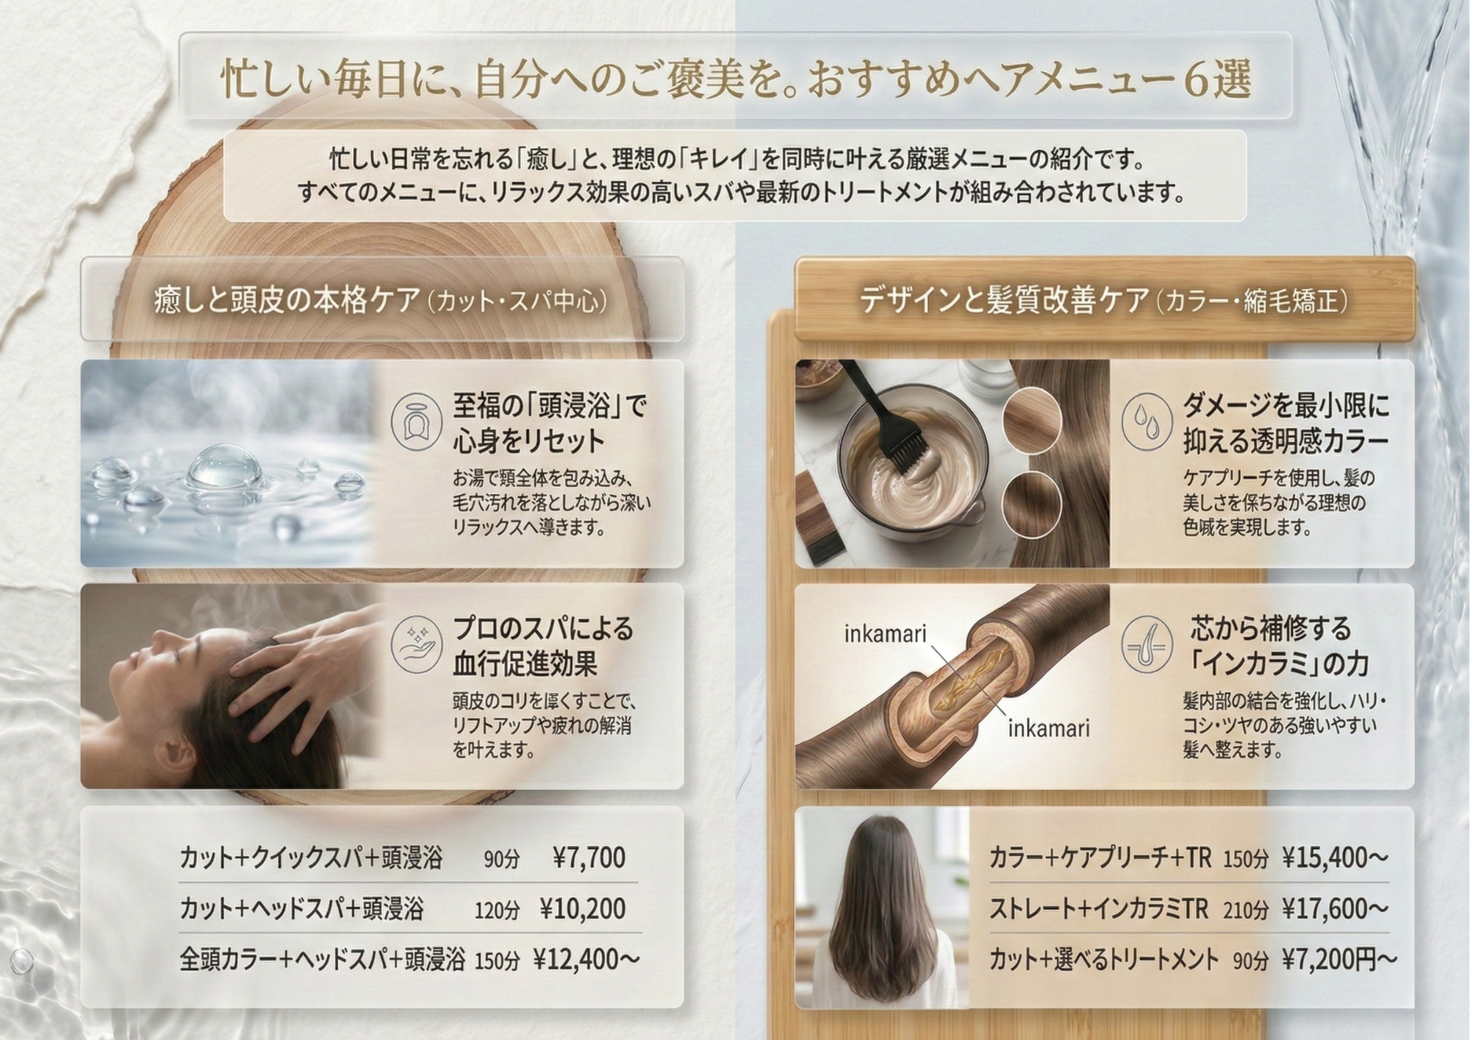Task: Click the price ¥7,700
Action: click(589, 858)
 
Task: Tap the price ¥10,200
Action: click(582, 909)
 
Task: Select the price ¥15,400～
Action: click(1335, 858)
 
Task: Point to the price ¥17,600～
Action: click(1335, 909)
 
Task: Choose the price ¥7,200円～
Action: click(1338, 959)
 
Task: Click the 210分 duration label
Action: click(1245, 911)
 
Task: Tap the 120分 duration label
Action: click(497, 911)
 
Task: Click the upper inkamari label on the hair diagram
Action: click(885, 634)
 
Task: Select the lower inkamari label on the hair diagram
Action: click(1048, 729)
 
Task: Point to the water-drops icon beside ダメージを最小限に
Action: click(1147, 422)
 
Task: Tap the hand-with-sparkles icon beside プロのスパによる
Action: click(416, 645)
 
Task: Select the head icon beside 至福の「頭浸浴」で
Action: click(416, 422)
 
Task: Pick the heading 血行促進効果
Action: click(525, 663)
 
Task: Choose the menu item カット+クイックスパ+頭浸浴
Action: click(311, 858)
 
